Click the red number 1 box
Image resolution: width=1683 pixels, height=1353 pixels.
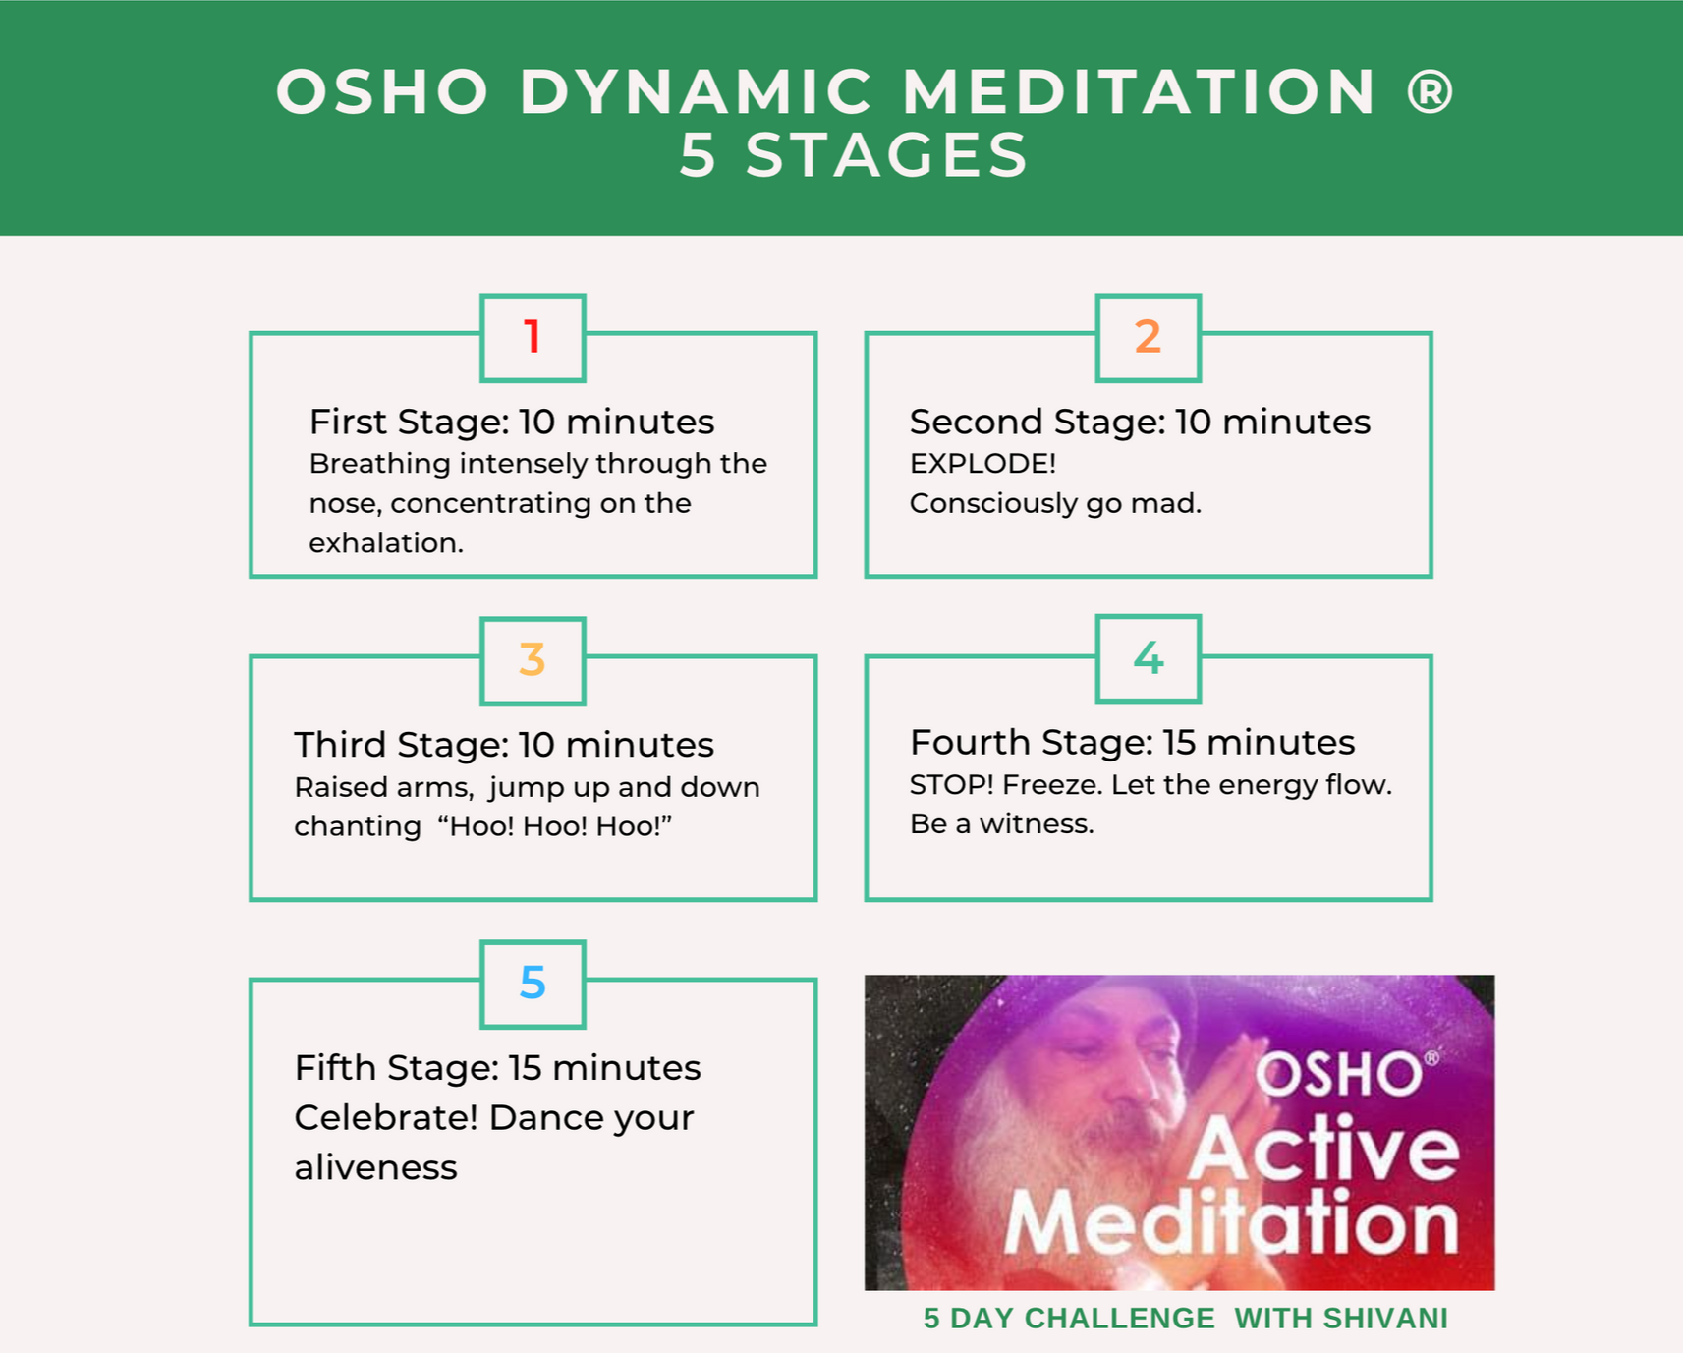[x=533, y=337]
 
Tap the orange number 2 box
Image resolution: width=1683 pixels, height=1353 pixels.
[x=1148, y=337]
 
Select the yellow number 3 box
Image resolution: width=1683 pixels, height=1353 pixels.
[x=533, y=660]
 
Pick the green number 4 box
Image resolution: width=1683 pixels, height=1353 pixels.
[x=1148, y=658]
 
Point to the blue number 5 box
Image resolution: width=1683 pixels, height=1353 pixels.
[x=533, y=984]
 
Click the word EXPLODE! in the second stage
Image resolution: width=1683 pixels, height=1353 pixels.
[x=982, y=464]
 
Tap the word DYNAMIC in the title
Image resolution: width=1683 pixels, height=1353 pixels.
[x=696, y=92]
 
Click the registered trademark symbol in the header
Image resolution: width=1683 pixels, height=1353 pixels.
[x=1430, y=92]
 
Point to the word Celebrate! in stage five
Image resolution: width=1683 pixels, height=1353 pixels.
[x=386, y=1118]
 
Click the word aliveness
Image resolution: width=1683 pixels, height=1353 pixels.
[x=375, y=1168]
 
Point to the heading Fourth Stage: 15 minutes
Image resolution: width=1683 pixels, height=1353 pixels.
[x=1132, y=743]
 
